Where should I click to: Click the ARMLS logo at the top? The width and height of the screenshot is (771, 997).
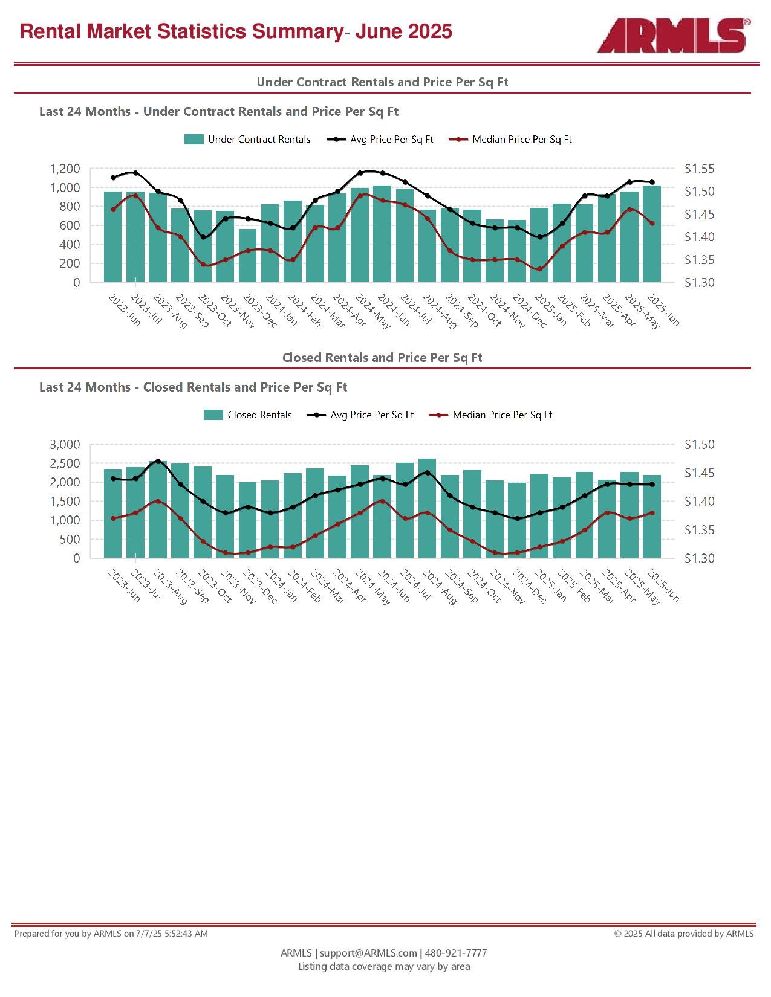click(x=674, y=35)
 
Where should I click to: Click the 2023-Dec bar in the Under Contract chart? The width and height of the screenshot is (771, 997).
click(x=247, y=255)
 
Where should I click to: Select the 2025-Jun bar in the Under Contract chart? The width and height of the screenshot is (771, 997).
click(x=652, y=233)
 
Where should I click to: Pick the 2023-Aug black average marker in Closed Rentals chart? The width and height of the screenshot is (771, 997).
click(x=158, y=461)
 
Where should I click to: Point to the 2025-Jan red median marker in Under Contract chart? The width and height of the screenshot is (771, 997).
click(x=539, y=269)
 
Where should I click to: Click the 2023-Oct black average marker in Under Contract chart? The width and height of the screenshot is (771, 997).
click(x=203, y=237)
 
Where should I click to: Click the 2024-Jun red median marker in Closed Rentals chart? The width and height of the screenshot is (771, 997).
click(x=383, y=501)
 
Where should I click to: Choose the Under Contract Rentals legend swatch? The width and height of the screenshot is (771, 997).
click(x=194, y=140)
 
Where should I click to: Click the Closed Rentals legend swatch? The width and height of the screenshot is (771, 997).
click(x=213, y=415)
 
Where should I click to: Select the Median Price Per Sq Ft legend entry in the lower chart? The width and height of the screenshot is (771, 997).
click(x=490, y=415)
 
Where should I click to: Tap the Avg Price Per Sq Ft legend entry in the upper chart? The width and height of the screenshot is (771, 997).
click(x=380, y=140)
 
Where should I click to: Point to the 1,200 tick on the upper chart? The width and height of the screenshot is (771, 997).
click(x=65, y=169)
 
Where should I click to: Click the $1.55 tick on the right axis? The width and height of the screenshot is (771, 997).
click(x=700, y=169)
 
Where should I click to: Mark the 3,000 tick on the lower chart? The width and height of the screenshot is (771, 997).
click(x=65, y=444)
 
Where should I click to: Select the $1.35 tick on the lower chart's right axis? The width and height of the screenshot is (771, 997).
click(x=700, y=530)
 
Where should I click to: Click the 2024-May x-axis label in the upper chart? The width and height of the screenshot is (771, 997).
click(x=373, y=312)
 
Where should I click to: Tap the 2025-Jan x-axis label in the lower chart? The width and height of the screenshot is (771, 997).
click(x=550, y=586)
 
